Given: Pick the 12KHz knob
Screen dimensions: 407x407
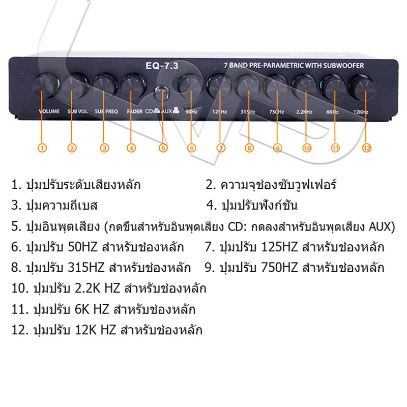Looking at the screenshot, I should point(359,86).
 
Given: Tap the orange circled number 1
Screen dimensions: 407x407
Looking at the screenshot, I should point(43,148).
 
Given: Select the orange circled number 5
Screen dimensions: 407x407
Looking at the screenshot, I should point(163,148).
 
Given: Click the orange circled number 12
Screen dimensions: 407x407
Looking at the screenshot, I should point(367,148).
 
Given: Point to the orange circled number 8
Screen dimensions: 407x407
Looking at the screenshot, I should point(249,148).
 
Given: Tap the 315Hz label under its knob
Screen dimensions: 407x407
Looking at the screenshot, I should point(247,111).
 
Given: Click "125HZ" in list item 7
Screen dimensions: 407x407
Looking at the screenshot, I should point(279,248).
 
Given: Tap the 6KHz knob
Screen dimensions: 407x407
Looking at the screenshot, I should point(332,86).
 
